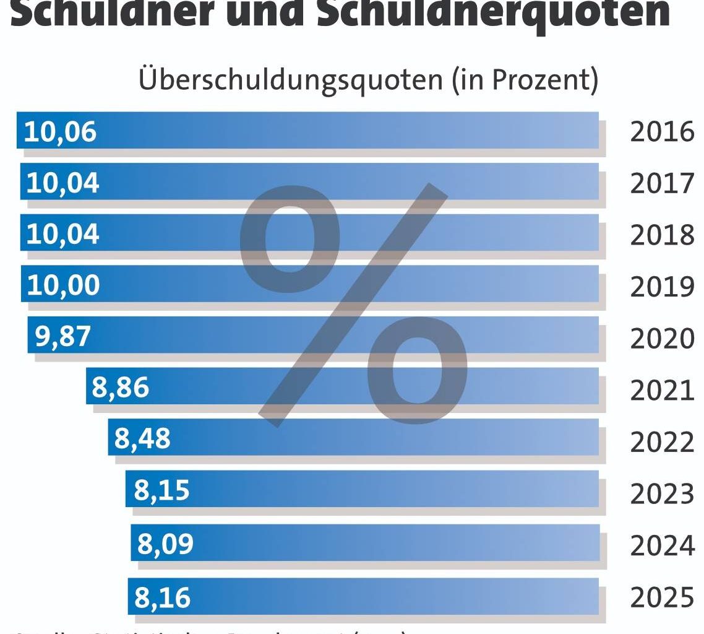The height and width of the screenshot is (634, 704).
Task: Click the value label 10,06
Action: tap(60, 131)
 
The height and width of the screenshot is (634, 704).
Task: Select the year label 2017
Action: tap(662, 184)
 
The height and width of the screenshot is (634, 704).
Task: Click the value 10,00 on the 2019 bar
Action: tap(63, 285)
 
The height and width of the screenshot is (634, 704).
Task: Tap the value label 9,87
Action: tap(62, 336)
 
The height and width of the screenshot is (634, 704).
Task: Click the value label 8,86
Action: tap(121, 388)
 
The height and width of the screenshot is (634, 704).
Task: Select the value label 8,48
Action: tap(142, 439)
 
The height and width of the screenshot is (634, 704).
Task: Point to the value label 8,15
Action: tap(161, 490)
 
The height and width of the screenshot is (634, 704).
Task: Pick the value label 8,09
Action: tap(165, 544)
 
